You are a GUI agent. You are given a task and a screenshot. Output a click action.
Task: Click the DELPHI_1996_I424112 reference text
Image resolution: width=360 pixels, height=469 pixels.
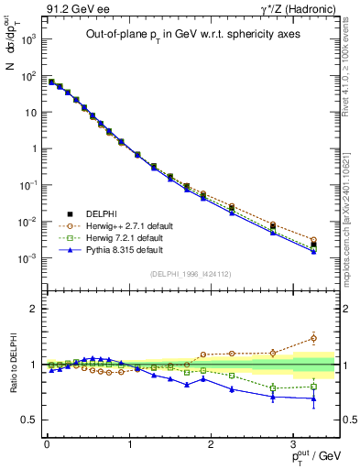tap(191, 273)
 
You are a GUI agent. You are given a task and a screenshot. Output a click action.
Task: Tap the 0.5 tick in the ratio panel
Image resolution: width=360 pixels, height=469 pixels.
tap(29, 420)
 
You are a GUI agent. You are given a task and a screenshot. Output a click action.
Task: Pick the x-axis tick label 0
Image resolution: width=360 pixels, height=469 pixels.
tap(46, 444)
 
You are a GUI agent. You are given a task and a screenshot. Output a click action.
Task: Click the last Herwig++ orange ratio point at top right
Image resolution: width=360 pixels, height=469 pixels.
tap(313, 338)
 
